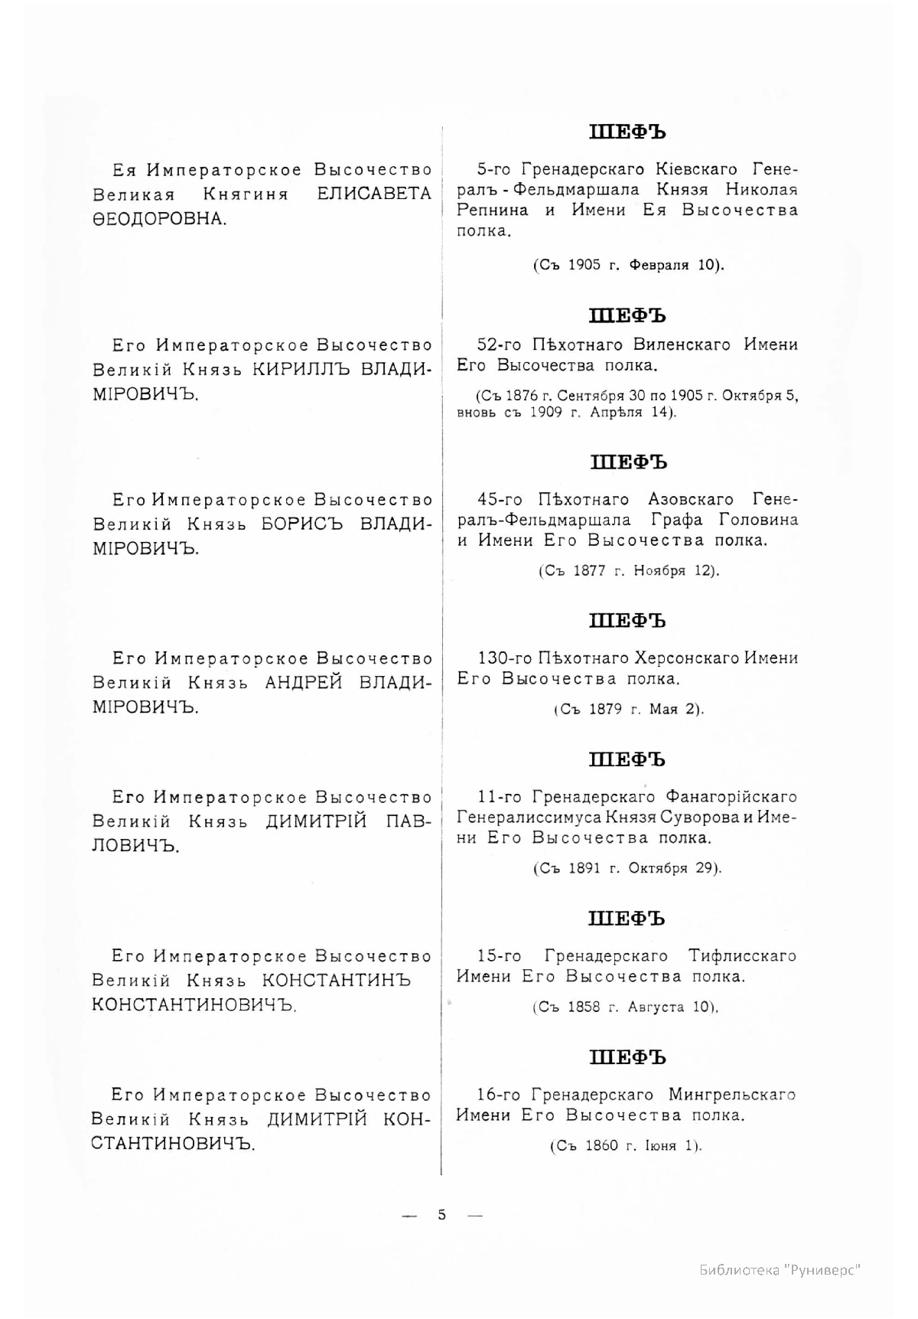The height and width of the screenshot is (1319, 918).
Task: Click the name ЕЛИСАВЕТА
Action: pos(374,194)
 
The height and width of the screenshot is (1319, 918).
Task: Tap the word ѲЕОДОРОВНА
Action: pos(159,220)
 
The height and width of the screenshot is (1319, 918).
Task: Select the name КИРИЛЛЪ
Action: pos(301,369)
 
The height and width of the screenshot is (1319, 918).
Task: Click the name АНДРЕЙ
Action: pos(304,683)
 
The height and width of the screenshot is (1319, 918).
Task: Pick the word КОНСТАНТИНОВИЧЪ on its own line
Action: pos(194,1004)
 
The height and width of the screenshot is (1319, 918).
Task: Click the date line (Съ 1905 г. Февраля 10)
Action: pos(627,265)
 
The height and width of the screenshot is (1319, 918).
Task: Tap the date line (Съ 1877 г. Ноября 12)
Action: pos(628,571)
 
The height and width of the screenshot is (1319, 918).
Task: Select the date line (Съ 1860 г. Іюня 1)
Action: pos(626,1146)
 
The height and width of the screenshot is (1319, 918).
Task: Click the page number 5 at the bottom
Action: pos(441,1214)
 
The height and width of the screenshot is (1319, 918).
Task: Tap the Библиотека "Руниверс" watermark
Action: pos(780,1270)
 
